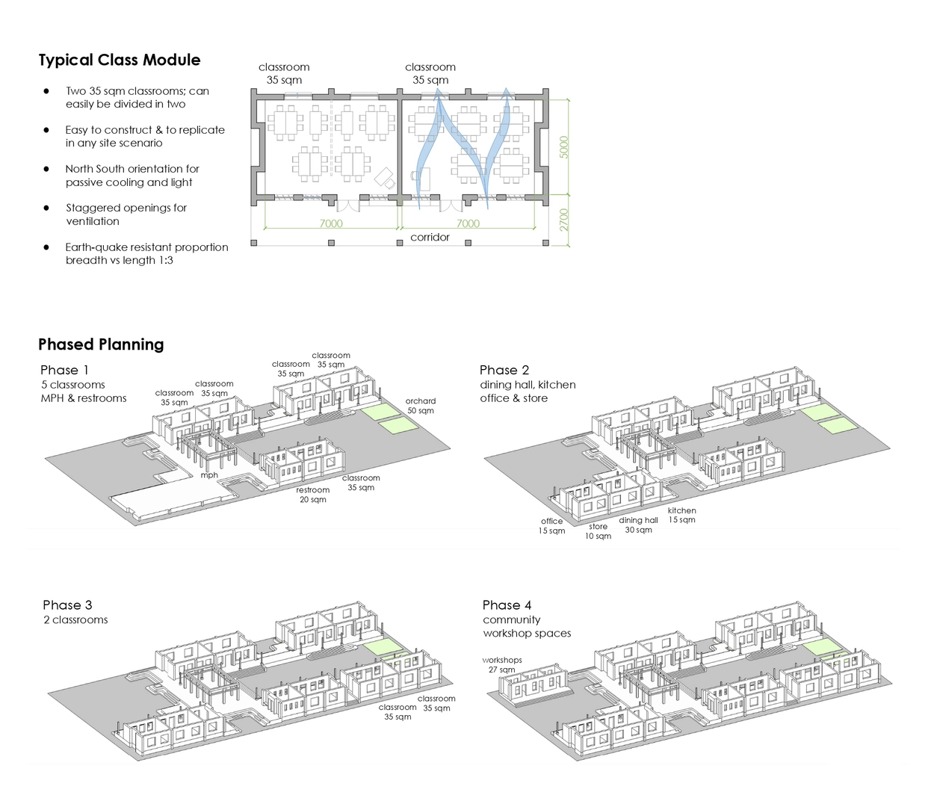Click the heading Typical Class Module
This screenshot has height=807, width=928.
point(120,61)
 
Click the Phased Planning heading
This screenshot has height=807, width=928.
point(101,344)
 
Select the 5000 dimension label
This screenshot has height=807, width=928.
point(564,146)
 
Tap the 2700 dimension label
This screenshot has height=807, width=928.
point(564,220)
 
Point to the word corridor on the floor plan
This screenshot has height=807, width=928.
point(430,238)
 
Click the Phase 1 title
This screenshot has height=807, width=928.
point(64,370)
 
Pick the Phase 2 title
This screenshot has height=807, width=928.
point(504,370)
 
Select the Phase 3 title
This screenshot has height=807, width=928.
point(67,605)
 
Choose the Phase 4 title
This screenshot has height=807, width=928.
point(507,605)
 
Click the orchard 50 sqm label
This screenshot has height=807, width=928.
point(421,406)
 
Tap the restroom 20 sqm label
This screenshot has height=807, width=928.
point(313,495)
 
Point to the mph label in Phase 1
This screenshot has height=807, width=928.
point(209,475)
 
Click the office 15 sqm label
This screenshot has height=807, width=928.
point(552,526)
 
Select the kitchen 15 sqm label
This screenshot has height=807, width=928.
point(681,515)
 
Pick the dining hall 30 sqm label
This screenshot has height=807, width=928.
point(638,525)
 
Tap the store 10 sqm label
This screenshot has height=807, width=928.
point(598,531)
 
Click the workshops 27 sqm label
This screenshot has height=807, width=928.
point(502,665)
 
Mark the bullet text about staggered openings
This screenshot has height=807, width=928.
point(126,214)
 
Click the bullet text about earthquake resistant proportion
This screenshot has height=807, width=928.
point(146,253)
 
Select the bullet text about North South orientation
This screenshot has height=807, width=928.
point(132,176)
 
